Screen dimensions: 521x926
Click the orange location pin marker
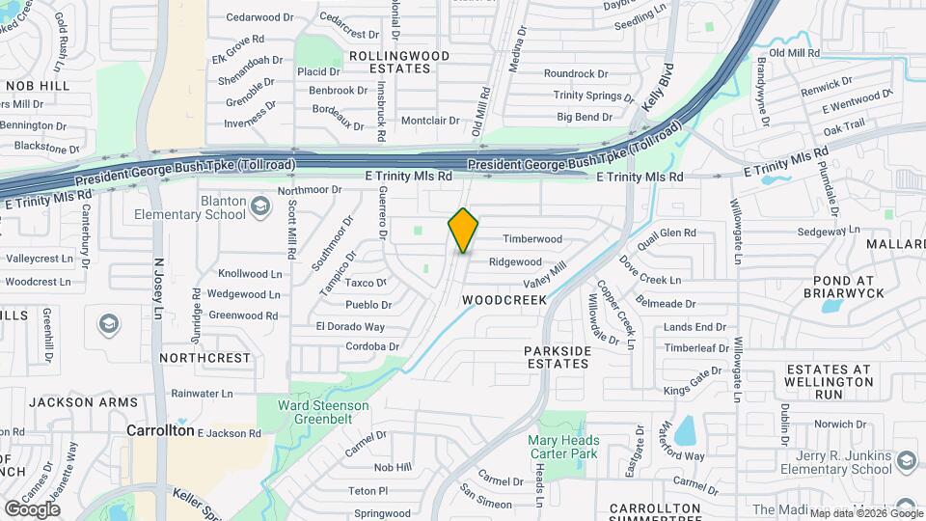[463, 230]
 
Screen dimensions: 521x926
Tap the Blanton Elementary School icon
[259, 205]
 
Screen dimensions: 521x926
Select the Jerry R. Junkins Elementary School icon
[906, 461]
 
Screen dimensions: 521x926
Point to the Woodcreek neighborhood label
[504, 300]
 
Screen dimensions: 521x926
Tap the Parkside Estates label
[557, 357]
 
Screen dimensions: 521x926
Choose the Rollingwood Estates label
[398, 62]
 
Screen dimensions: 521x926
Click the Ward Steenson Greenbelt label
[323, 412]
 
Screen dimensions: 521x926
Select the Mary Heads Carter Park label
[563, 447]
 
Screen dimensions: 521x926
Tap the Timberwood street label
[531, 239]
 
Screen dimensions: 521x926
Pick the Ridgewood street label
[515, 261]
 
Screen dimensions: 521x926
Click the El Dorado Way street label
[350, 327]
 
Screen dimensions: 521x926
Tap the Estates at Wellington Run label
[829, 381]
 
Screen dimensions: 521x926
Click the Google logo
[32, 507]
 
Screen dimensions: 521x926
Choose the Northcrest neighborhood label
[205, 357]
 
